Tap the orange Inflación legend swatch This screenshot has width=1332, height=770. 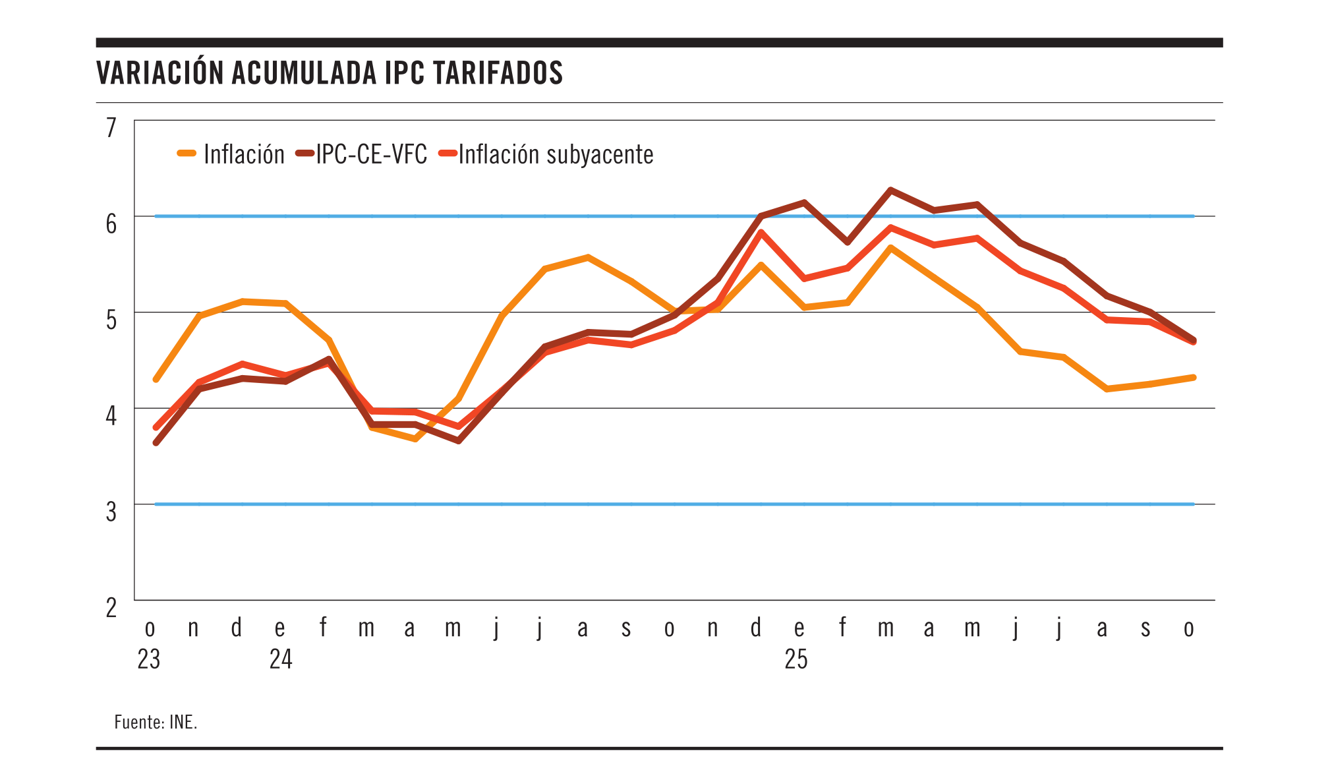[187, 154]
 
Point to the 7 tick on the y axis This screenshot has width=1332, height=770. [111, 127]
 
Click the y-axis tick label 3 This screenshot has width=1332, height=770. [111, 512]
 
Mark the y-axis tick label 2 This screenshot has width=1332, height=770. [111, 607]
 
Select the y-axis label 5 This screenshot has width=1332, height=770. [111, 320]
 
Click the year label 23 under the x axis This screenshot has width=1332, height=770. [149, 659]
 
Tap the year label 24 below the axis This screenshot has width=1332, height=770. [281, 659]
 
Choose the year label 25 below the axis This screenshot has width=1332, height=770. [796, 659]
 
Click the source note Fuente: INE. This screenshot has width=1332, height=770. [156, 722]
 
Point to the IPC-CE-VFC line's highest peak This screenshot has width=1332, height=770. [890, 190]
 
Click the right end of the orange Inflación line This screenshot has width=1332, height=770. [1194, 377]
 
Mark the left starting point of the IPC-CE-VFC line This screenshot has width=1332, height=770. [156, 443]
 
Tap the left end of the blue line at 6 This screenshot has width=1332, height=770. [156, 216]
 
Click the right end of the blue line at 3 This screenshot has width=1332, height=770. [1193, 504]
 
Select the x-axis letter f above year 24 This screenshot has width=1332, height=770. [323, 627]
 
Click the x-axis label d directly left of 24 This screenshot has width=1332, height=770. [237, 627]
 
